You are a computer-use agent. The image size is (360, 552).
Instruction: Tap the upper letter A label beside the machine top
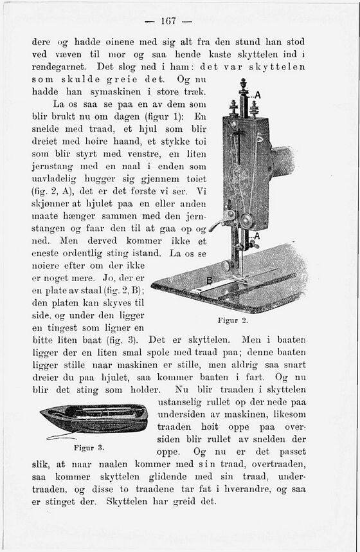click(x=258, y=95)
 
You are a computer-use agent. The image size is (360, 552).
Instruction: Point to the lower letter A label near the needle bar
click(x=258, y=236)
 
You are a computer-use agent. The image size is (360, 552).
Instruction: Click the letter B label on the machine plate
click(x=210, y=281)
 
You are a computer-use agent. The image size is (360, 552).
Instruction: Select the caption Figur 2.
click(x=233, y=320)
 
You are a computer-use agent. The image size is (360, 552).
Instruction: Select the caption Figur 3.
click(x=89, y=446)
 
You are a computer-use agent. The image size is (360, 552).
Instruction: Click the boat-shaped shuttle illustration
click(x=94, y=418)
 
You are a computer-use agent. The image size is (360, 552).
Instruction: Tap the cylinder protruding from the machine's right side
click(x=282, y=161)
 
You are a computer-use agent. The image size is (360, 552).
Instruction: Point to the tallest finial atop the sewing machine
click(x=243, y=87)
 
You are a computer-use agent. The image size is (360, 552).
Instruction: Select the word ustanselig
click(x=183, y=402)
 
